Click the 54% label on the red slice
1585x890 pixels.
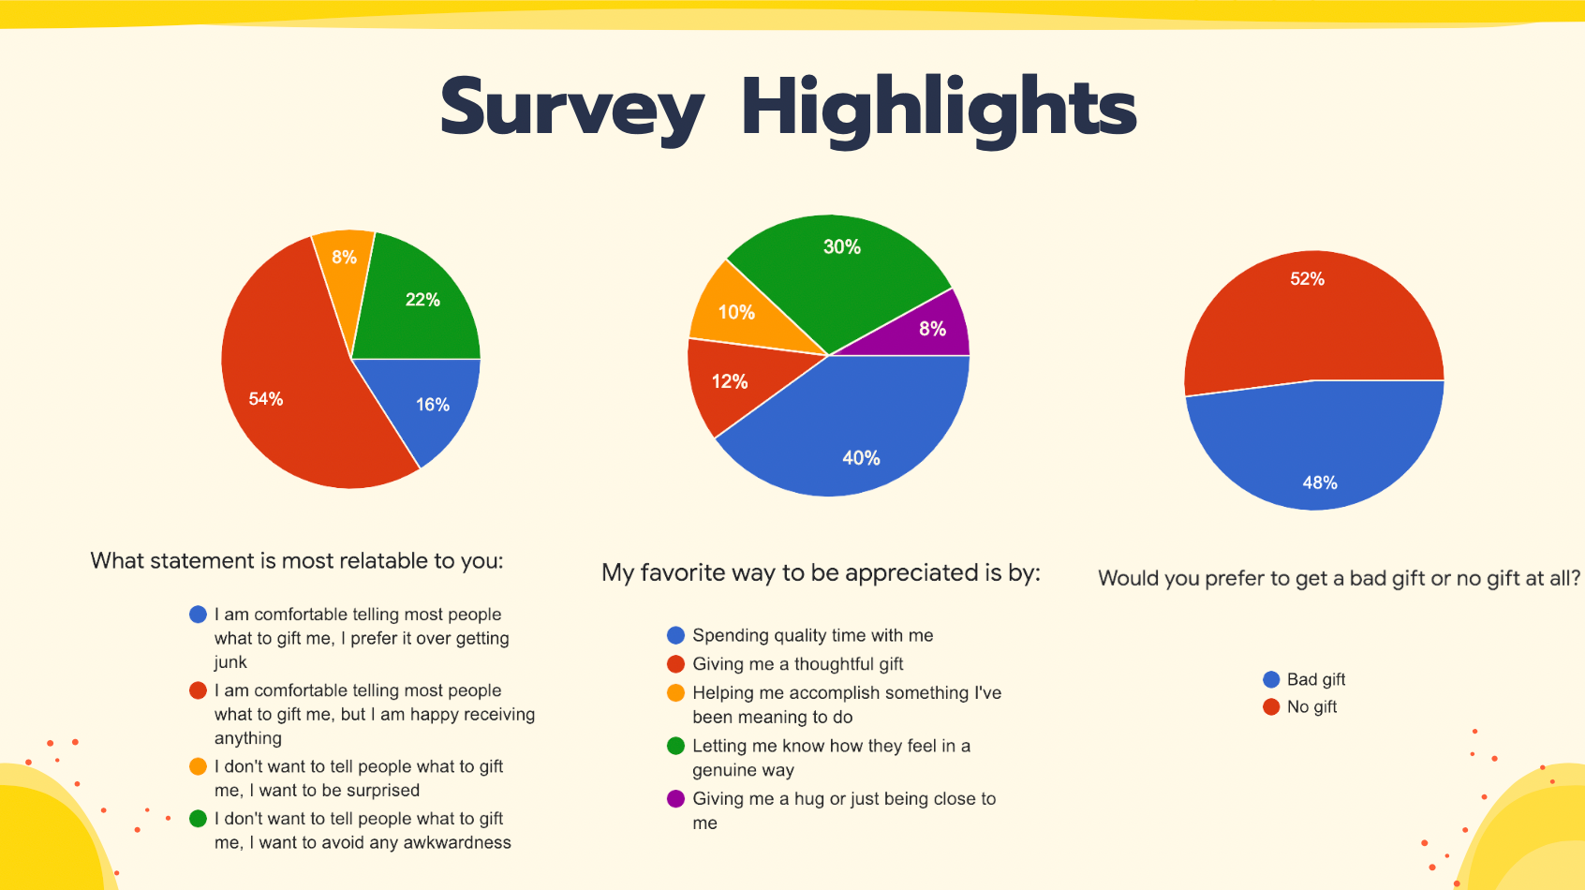266,399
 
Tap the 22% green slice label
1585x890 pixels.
422,300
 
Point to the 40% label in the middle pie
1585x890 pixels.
861,458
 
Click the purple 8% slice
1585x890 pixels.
920,329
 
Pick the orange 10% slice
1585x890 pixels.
743,311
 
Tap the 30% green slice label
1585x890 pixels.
842,247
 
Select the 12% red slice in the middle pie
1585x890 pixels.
736,382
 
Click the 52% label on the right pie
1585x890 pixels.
1307,279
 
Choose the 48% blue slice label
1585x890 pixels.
1320,483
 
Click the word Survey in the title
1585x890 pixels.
571,109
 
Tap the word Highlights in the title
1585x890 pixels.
939,110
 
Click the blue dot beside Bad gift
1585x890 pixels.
1271,680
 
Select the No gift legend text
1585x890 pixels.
1311,706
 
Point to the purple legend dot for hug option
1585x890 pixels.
675,799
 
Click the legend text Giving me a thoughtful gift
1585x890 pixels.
797,664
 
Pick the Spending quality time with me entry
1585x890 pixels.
812,635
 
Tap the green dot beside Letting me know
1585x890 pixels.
675,746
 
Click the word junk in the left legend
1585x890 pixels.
230,662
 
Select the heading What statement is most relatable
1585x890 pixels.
296,561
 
